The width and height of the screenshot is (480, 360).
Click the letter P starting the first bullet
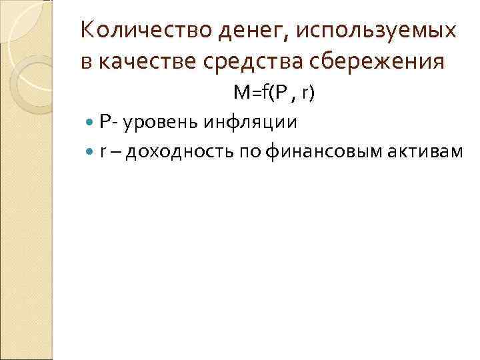point(105,122)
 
